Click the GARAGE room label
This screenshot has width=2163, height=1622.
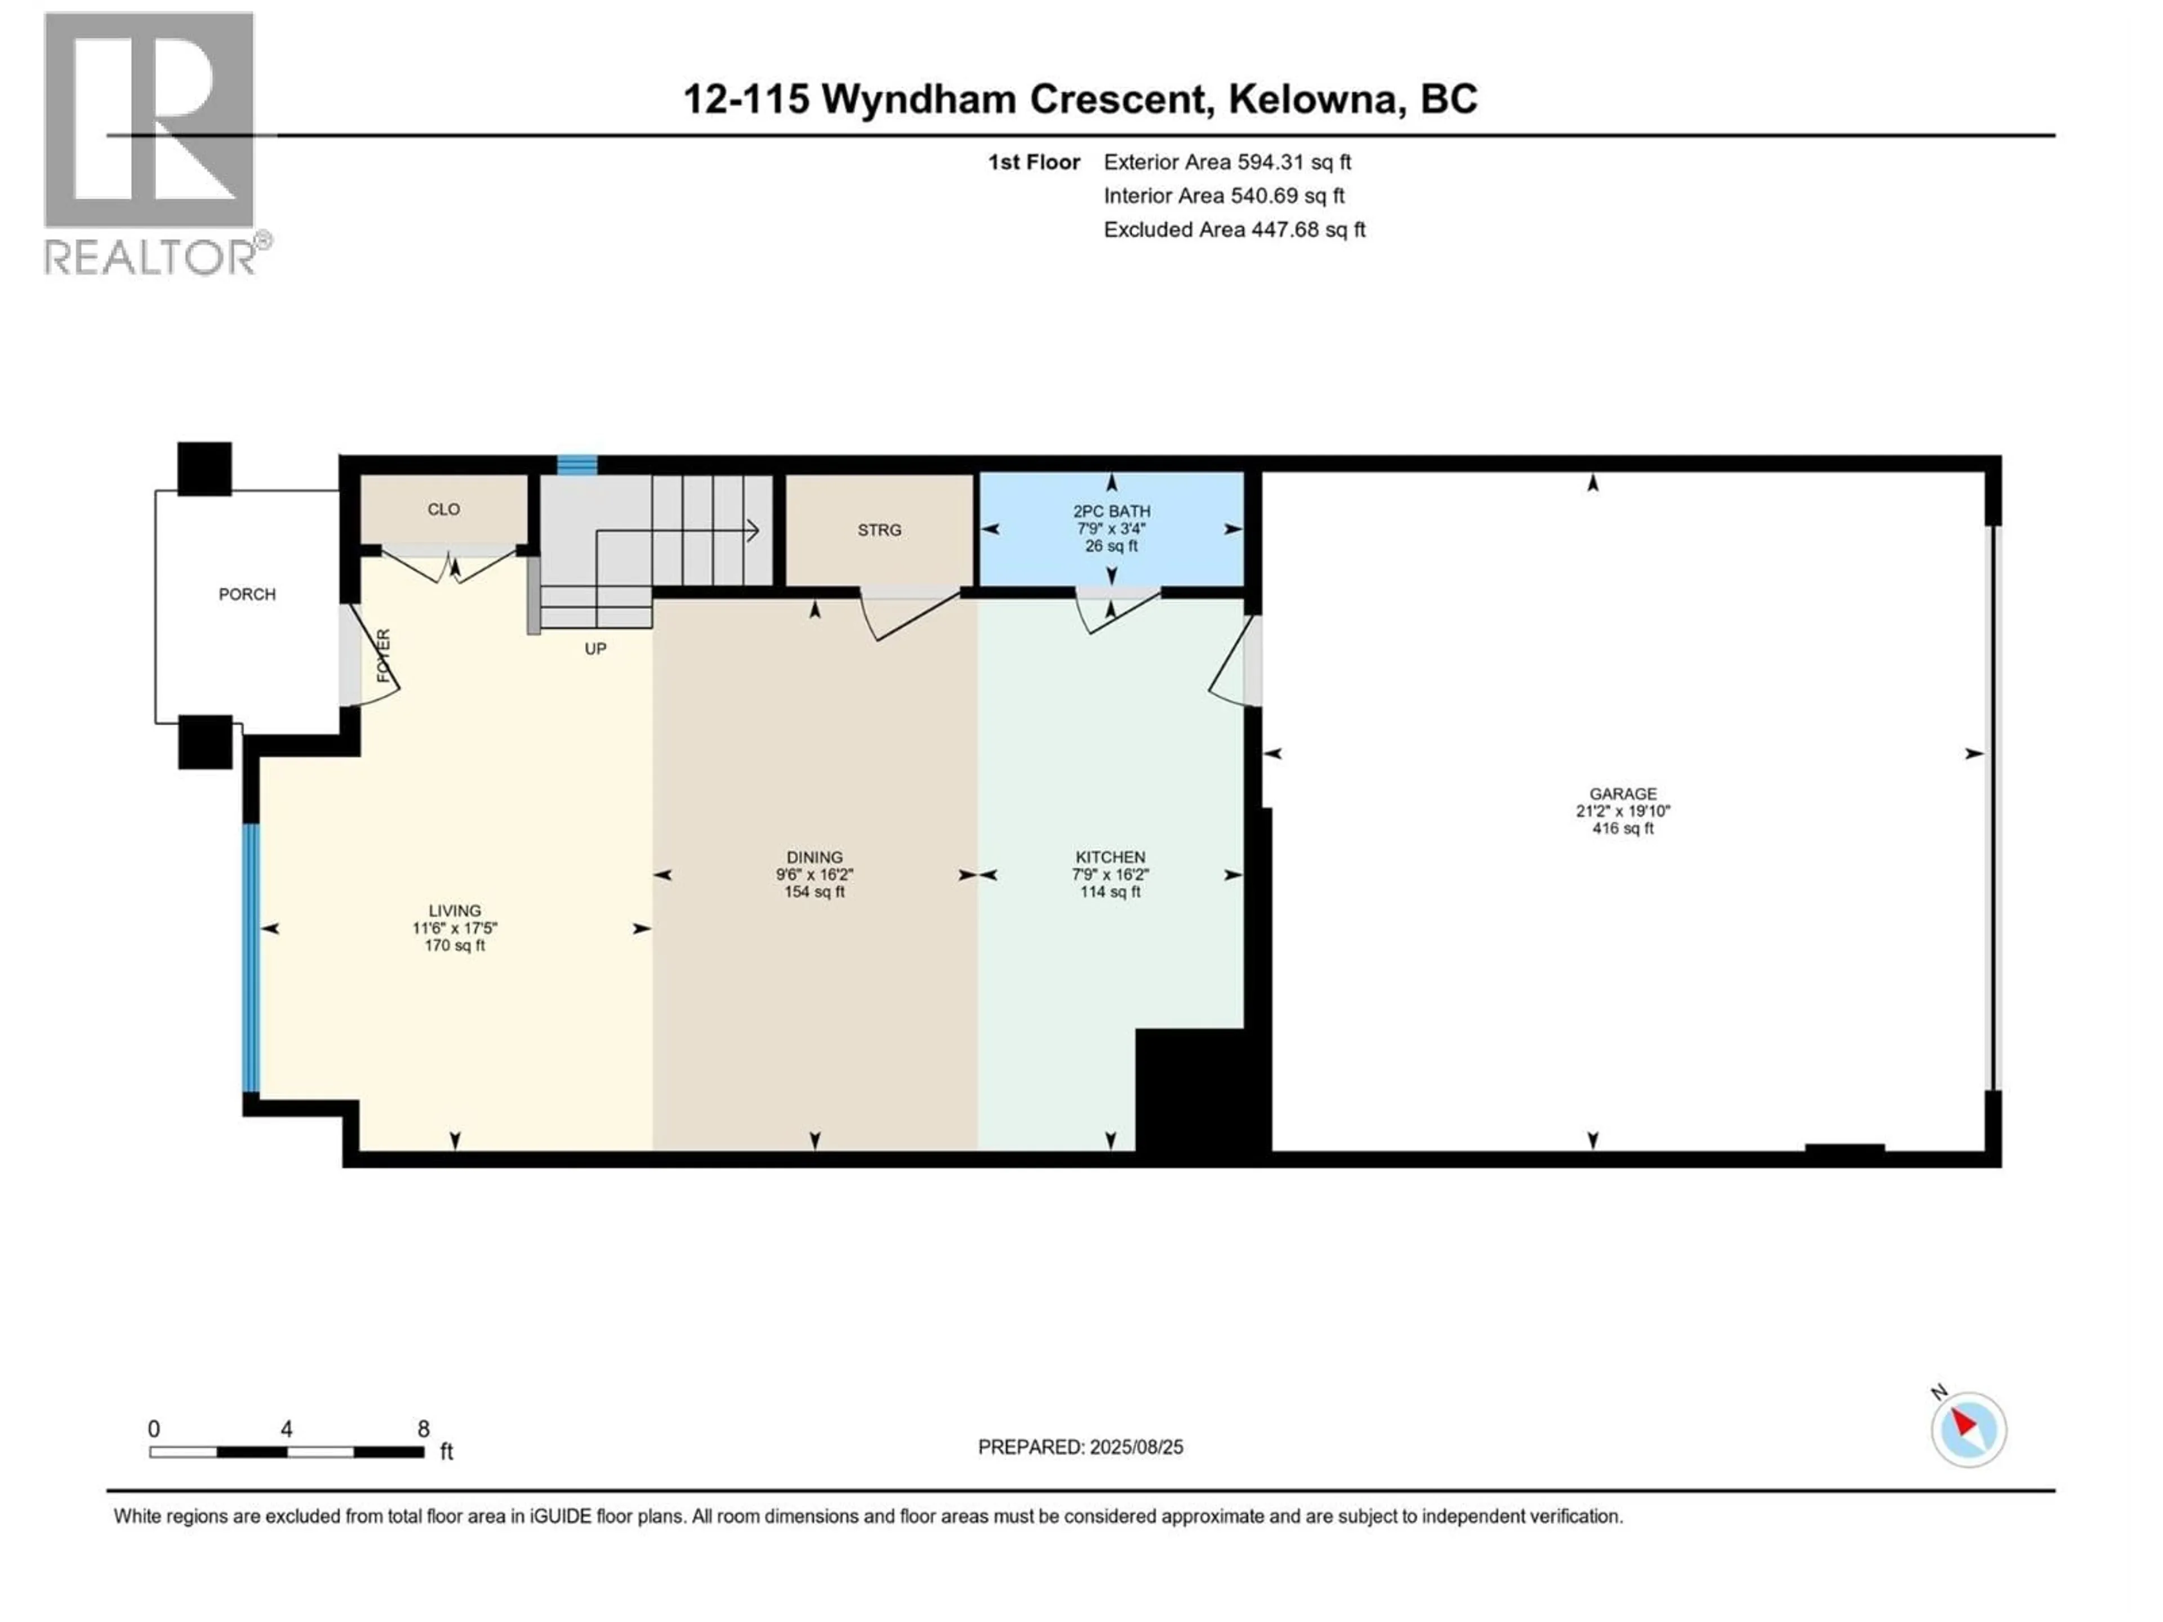(1622, 794)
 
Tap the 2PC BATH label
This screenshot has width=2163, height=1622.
(1111, 511)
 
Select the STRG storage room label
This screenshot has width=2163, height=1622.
(879, 530)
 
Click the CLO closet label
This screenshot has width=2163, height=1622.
(443, 509)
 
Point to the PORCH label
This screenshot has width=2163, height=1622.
(246, 594)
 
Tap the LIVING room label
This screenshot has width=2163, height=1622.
(455, 910)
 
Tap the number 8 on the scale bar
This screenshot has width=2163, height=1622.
(424, 1428)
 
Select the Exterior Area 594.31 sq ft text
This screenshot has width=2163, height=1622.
(1227, 162)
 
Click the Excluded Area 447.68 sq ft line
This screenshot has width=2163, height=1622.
(1234, 230)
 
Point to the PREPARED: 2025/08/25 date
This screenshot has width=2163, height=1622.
(1080, 1447)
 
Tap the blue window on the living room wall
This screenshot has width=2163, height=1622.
(251, 958)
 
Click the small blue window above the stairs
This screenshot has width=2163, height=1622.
(577, 465)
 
